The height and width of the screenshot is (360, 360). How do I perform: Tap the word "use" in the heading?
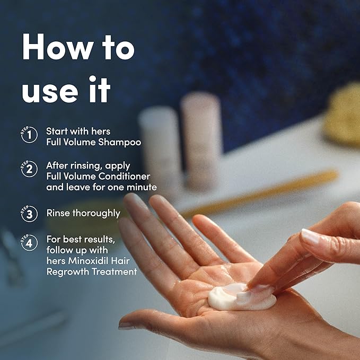[x=50, y=92]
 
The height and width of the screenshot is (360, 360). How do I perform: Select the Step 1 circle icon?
[x=29, y=135]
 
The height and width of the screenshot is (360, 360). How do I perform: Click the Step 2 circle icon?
[x=29, y=169]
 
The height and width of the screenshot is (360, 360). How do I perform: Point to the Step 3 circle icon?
[x=29, y=214]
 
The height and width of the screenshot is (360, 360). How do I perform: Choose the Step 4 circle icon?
[x=29, y=242]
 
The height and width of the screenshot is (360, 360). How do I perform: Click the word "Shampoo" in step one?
[x=120, y=142]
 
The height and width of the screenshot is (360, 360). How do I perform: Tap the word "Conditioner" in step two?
[x=124, y=177]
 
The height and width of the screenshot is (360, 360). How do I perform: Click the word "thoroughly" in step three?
[x=96, y=214]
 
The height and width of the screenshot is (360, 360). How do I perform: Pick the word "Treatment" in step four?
[x=115, y=271]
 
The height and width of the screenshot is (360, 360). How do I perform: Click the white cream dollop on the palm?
[x=242, y=296]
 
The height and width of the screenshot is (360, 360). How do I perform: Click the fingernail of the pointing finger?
[x=311, y=236]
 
